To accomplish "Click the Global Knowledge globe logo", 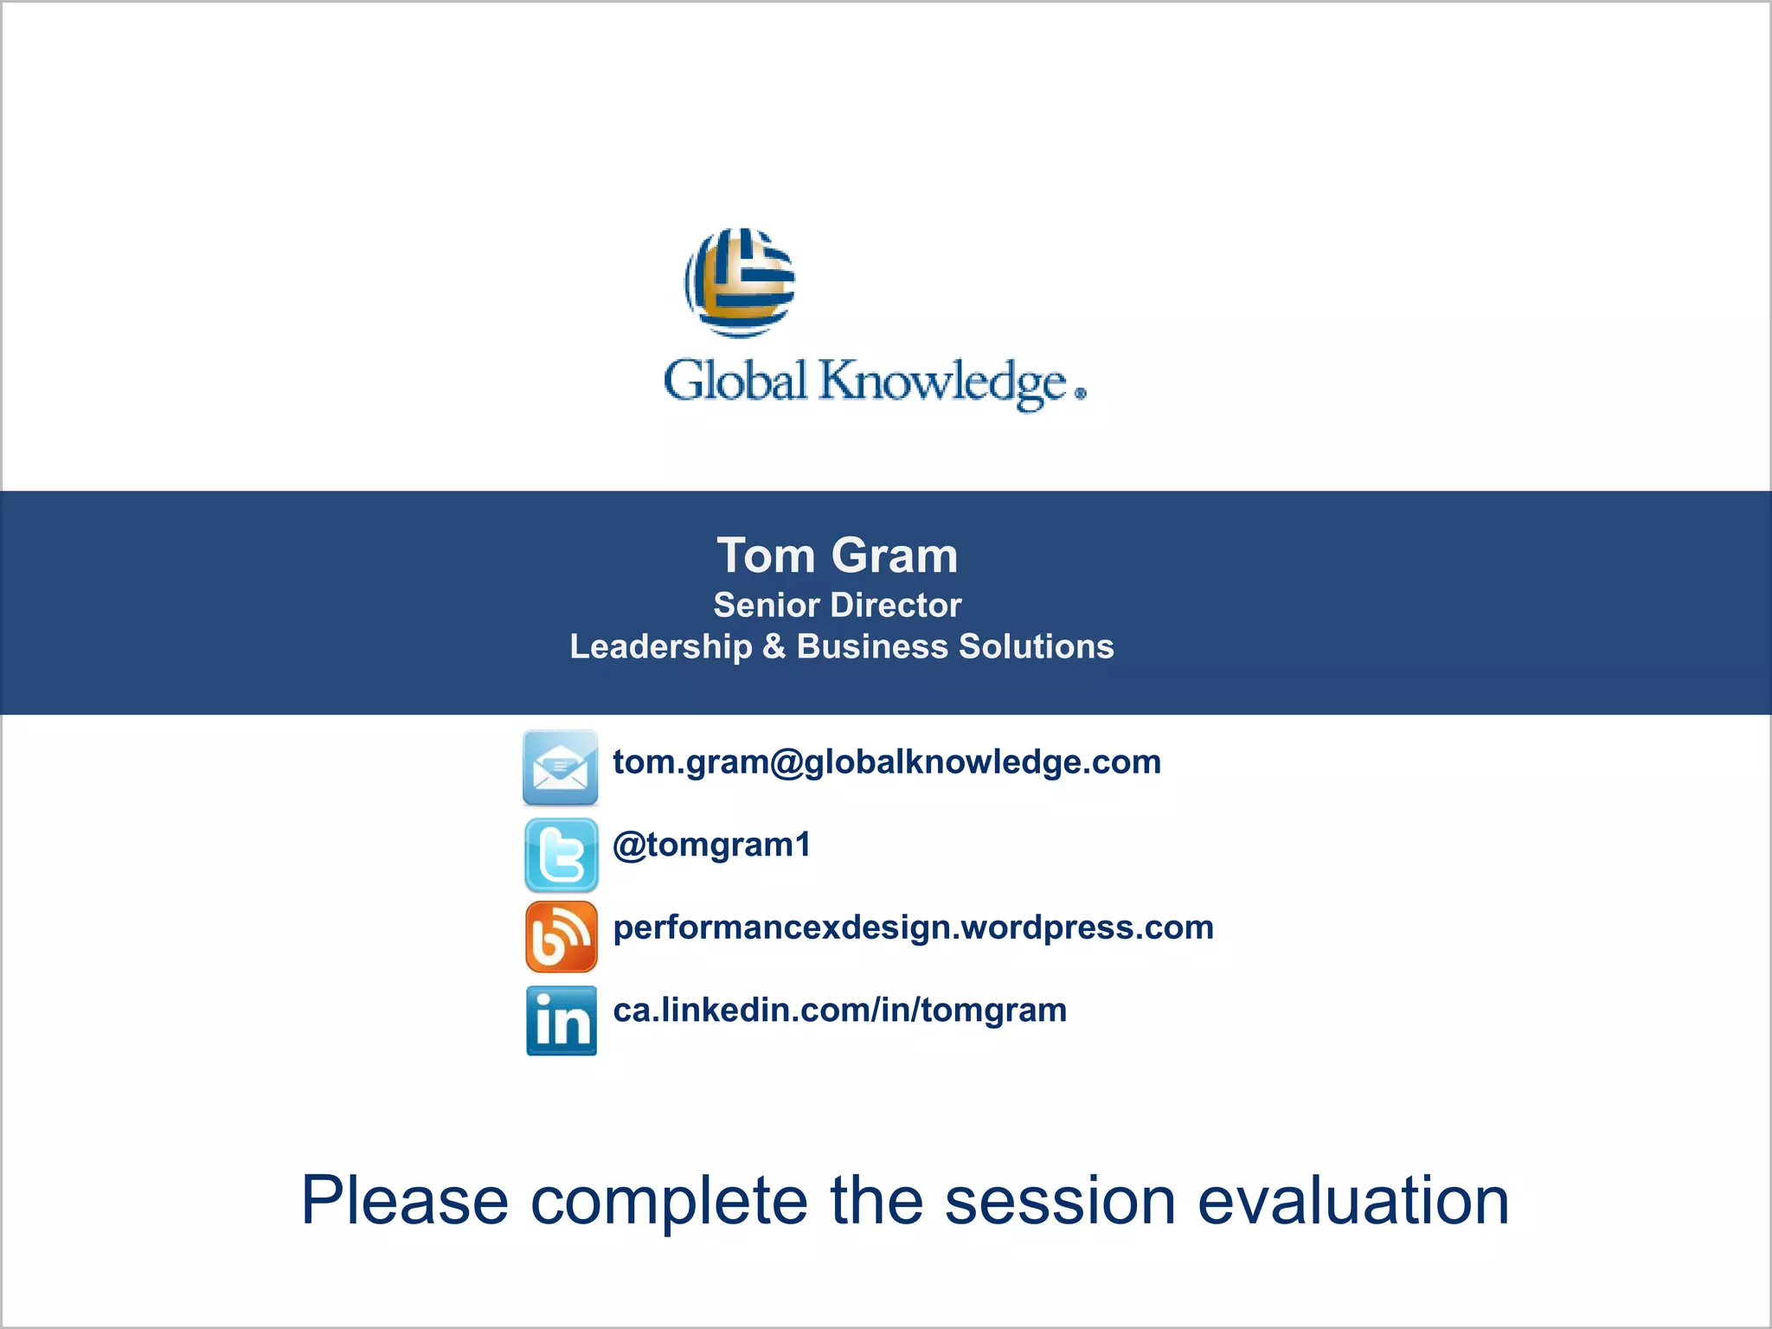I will tap(740, 282).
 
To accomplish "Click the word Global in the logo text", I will tap(735, 382).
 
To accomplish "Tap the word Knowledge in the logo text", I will tap(943, 383).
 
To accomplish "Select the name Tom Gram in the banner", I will tap(837, 555).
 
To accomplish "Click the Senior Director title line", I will tap(837, 606).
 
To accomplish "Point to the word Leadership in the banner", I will tap(661, 647).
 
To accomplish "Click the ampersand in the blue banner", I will tap(774, 647).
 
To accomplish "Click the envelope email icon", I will tap(561, 767).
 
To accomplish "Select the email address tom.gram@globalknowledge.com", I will tap(887, 762).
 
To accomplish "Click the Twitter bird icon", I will tap(561, 855).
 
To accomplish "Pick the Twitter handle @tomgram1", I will tap(712, 845).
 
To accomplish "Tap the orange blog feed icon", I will tap(561, 937).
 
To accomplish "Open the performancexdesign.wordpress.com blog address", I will tap(913, 928).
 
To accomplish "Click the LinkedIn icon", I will tap(561, 1021).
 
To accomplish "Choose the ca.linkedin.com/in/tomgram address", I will tap(839, 1011).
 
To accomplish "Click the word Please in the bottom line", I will tap(404, 1201).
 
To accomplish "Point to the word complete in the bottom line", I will tap(668, 1201).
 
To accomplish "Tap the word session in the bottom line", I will tap(1060, 1201).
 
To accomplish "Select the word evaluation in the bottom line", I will tap(1353, 1201).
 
